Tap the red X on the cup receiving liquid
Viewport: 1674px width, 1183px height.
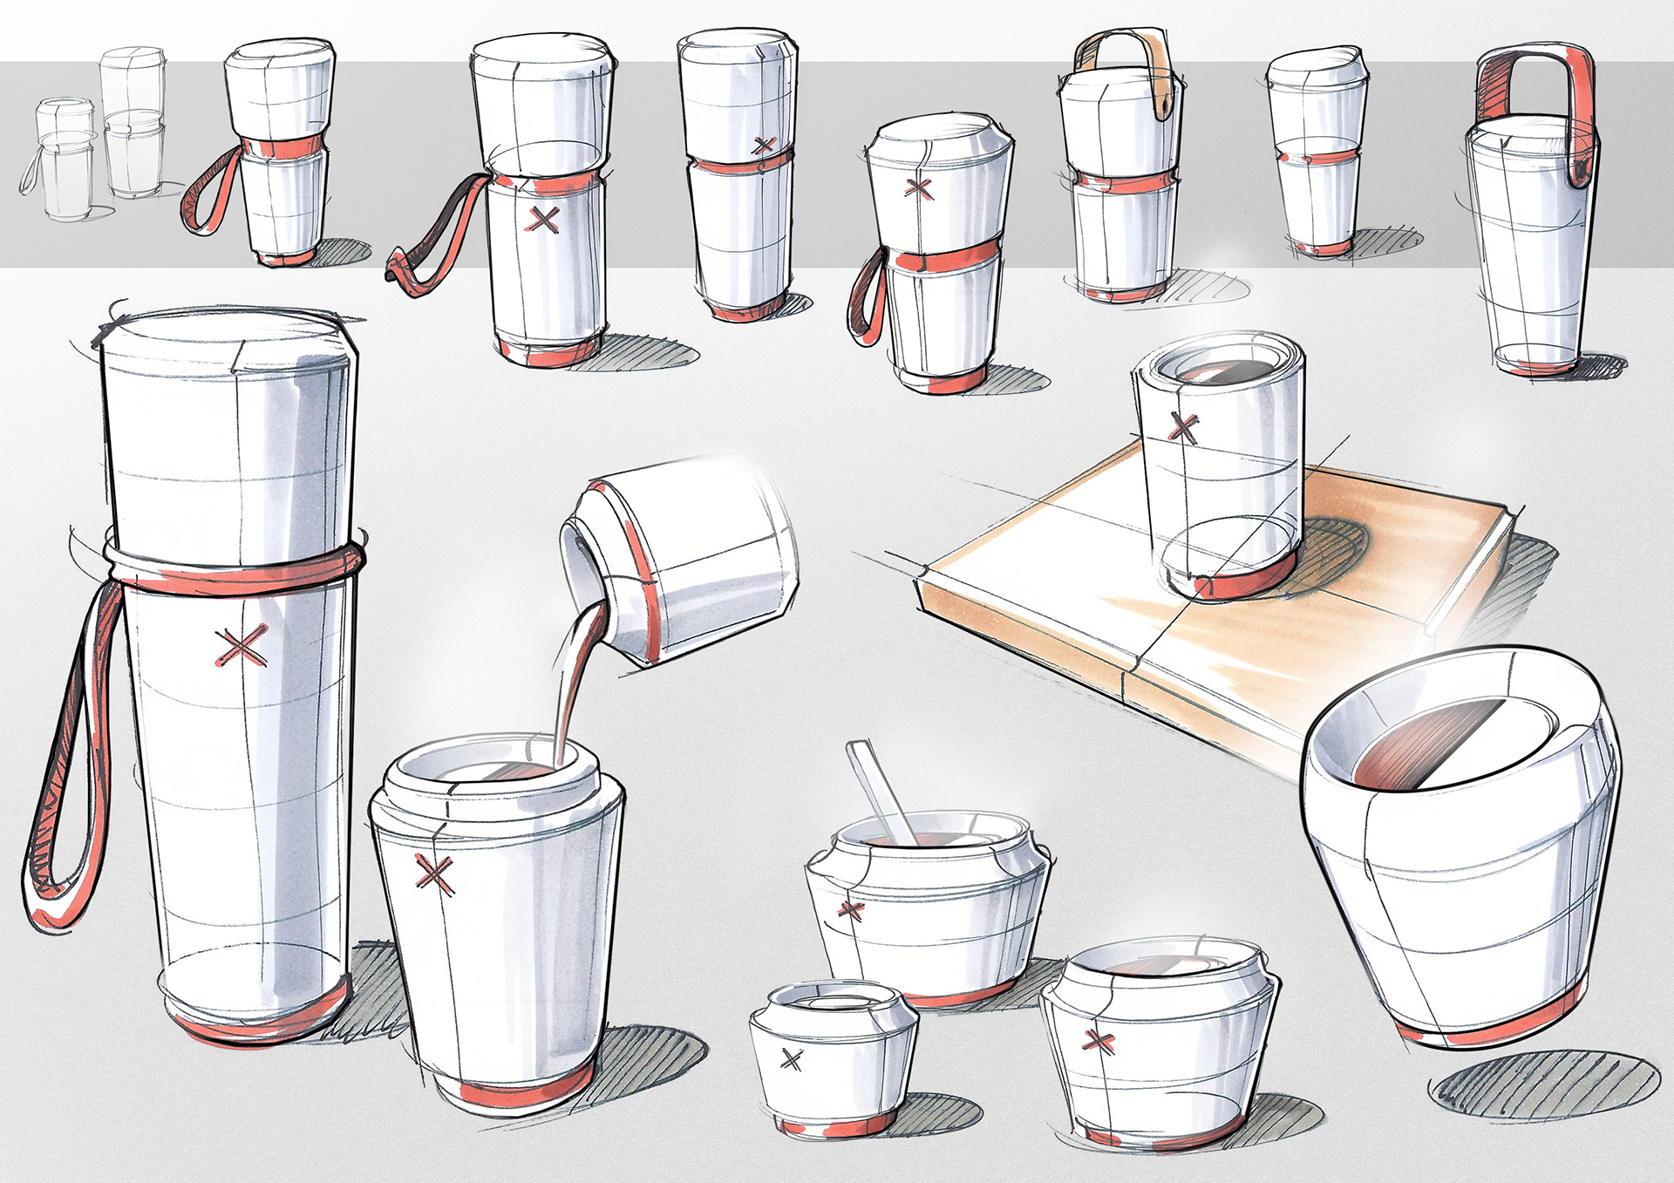434,874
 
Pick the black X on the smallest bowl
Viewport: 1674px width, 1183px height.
792,1060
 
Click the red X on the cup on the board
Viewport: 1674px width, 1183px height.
1183,427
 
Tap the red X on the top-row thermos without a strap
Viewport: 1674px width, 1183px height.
764,146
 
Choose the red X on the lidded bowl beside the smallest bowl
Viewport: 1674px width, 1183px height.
1098,1040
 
